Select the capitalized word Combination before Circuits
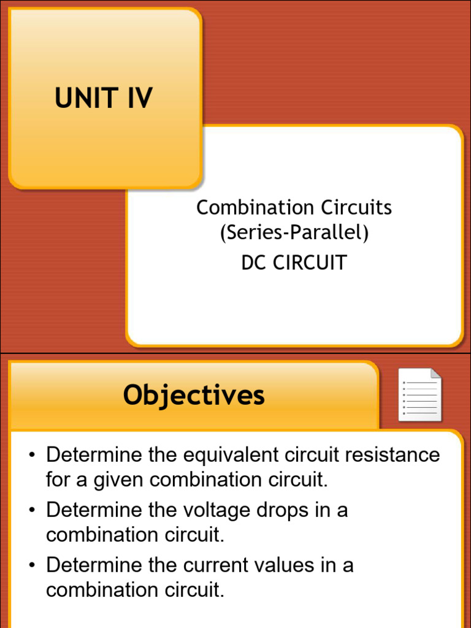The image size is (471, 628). click(247, 207)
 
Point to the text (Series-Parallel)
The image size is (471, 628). click(294, 233)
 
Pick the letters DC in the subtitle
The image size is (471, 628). click(254, 262)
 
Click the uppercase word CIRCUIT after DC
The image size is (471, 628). click(310, 262)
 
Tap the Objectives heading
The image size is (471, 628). click(194, 395)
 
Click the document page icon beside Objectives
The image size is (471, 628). click(419, 395)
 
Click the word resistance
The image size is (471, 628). click(392, 455)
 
